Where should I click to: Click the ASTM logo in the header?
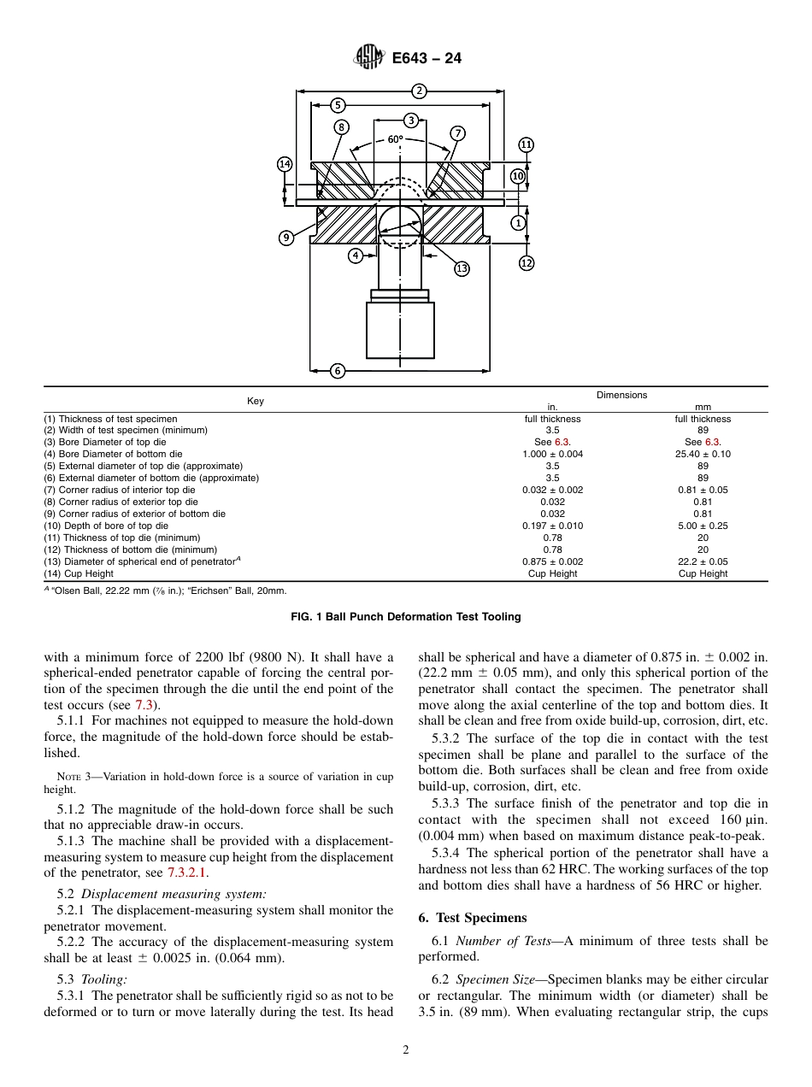[x=368, y=59]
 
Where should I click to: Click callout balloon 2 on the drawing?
[x=419, y=91]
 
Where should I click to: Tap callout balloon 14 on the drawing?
[x=285, y=164]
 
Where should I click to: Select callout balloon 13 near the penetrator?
[x=462, y=269]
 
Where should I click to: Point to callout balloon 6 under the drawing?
[x=338, y=371]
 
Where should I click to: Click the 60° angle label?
[x=395, y=138]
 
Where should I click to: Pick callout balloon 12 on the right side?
[x=527, y=263]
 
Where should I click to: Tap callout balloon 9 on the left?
[x=286, y=238]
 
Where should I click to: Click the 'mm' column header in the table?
[x=703, y=407]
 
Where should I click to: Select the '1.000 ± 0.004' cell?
[x=552, y=455]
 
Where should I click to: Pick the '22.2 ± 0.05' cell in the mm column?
[x=703, y=562]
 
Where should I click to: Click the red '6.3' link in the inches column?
[x=562, y=443]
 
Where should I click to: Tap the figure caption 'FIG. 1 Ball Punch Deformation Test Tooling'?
[x=406, y=616]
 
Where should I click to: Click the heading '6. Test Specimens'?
[x=472, y=918]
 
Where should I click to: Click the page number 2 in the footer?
[x=406, y=1050]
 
